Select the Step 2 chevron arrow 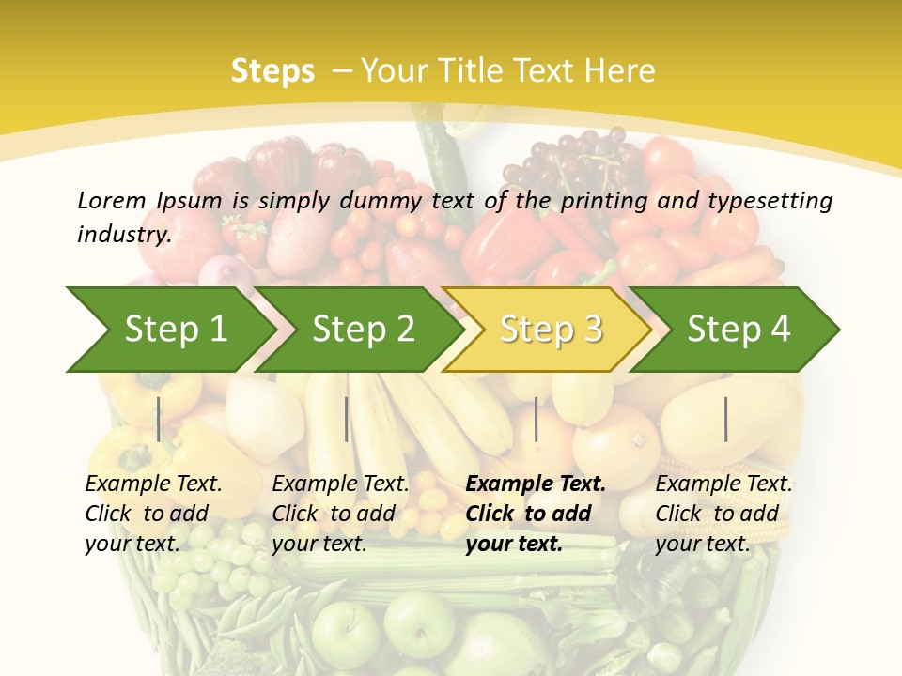point(363,330)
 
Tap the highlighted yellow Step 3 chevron point(551,330)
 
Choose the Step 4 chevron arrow point(739,330)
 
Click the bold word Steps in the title point(272,71)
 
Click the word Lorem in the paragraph point(111,200)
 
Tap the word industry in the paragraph point(124,235)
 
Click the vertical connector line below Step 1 point(159,419)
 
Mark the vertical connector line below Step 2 point(347,419)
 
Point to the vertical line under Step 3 point(536,419)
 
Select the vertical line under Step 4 point(726,419)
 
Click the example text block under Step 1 point(153,514)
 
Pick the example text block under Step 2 point(340,514)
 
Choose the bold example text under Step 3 point(535,514)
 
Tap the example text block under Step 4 point(723,514)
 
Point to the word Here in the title point(618,71)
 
